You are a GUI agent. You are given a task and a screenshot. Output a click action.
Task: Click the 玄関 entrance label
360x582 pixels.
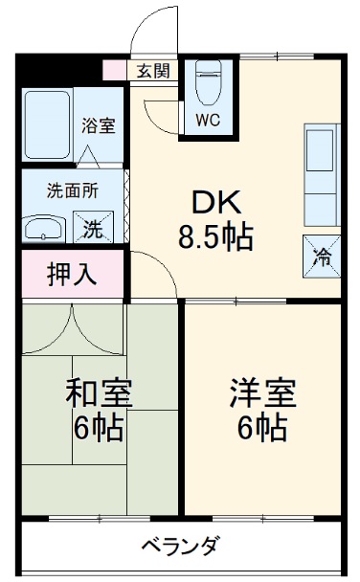(x=153, y=70)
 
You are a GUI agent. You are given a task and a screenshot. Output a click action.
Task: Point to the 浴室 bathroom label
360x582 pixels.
(x=98, y=124)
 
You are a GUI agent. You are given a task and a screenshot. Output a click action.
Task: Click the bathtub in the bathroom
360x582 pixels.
(x=48, y=124)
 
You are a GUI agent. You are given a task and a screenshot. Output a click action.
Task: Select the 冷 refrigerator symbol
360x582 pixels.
(x=322, y=254)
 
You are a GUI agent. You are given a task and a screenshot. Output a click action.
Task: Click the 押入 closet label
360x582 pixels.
(x=72, y=274)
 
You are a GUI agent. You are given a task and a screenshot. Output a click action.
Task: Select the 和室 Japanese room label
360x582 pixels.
(x=99, y=392)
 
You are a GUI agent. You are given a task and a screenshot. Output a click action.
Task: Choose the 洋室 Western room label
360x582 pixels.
(x=262, y=392)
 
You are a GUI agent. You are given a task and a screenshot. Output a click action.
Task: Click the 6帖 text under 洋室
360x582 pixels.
(x=262, y=428)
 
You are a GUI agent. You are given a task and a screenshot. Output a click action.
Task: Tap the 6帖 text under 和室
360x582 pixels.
(x=99, y=428)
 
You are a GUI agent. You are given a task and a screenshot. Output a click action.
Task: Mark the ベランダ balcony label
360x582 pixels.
(x=181, y=547)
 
